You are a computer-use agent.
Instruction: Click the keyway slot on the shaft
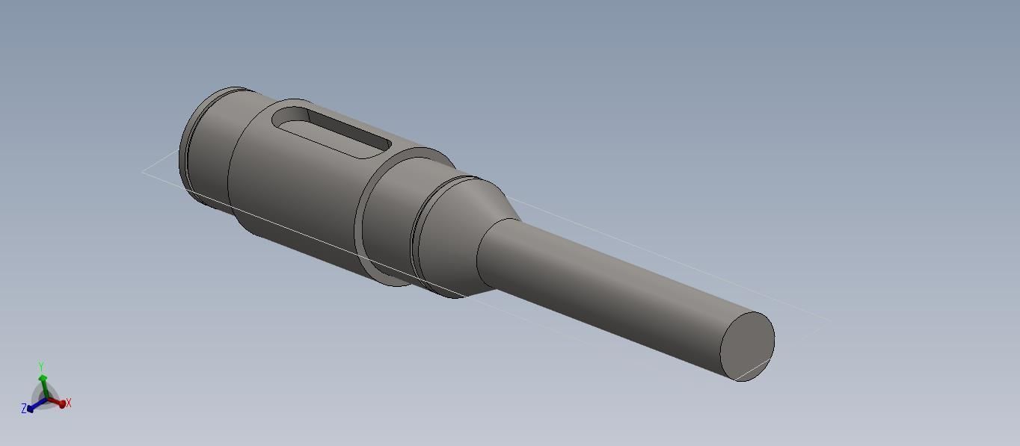coord(333,132)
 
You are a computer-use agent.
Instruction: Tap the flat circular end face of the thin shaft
coord(747,347)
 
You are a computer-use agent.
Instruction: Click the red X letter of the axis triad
coord(69,403)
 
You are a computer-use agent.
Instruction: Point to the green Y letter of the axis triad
coord(42,366)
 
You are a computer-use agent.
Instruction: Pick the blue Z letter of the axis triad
coord(24,409)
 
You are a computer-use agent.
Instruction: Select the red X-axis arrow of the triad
coord(58,403)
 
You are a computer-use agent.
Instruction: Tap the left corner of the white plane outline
coord(143,172)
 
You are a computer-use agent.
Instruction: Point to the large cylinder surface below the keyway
coord(299,194)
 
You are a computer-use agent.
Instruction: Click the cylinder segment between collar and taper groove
coord(393,224)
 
